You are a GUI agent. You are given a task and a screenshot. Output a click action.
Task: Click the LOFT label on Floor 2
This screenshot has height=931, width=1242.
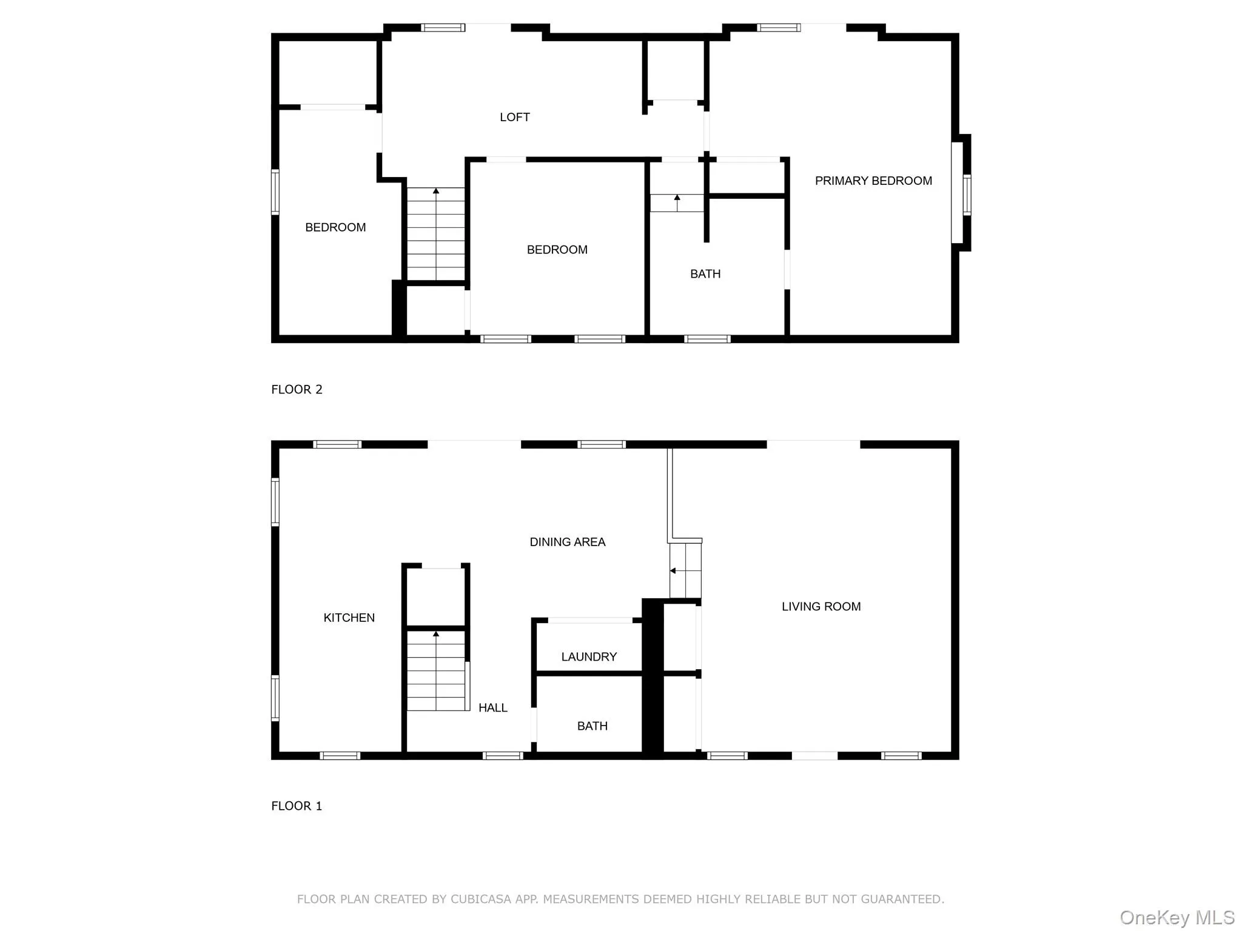tap(514, 117)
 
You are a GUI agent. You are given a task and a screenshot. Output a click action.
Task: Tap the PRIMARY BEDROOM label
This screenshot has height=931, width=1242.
tap(873, 181)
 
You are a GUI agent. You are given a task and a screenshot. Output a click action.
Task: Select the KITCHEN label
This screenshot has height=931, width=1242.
tap(349, 618)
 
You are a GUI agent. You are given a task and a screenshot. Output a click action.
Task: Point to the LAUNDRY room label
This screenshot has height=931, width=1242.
tap(588, 656)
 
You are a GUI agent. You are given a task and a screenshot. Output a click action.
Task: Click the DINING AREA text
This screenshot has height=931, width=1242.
tap(567, 542)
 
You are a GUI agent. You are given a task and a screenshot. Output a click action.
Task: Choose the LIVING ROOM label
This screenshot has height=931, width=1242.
tap(821, 606)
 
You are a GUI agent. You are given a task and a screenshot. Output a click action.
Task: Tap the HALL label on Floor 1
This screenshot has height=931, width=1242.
tap(492, 707)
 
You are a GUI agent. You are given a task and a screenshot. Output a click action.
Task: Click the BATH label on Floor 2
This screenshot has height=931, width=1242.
tap(705, 274)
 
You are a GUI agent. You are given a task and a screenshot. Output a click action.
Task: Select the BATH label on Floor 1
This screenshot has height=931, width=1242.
tap(592, 726)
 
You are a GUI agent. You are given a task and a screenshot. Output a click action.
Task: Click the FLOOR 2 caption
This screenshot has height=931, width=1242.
tap(297, 389)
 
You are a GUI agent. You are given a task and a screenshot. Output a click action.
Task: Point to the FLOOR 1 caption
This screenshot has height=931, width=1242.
tap(297, 806)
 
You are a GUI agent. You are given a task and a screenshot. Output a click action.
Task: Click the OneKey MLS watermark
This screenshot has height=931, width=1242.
tap(1177, 917)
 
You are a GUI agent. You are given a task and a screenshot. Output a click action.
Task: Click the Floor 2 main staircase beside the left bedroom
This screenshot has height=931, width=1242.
tap(435, 233)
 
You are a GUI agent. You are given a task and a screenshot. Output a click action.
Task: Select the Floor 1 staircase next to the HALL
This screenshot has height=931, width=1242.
tap(435, 670)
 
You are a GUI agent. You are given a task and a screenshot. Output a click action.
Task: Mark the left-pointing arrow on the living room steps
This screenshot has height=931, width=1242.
tap(673, 570)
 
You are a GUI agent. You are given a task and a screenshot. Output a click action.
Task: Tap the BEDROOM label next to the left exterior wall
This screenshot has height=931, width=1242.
tap(335, 227)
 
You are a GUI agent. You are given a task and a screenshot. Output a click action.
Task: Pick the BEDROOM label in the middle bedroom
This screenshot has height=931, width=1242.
tap(557, 250)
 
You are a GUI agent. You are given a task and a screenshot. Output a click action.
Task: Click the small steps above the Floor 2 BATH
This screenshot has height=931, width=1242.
tap(677, 203)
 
